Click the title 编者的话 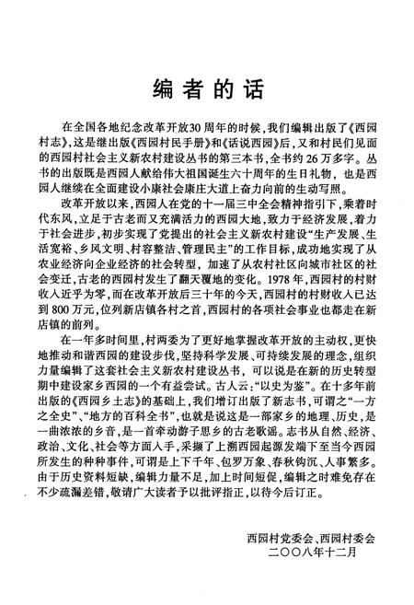tap(206, 89)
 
